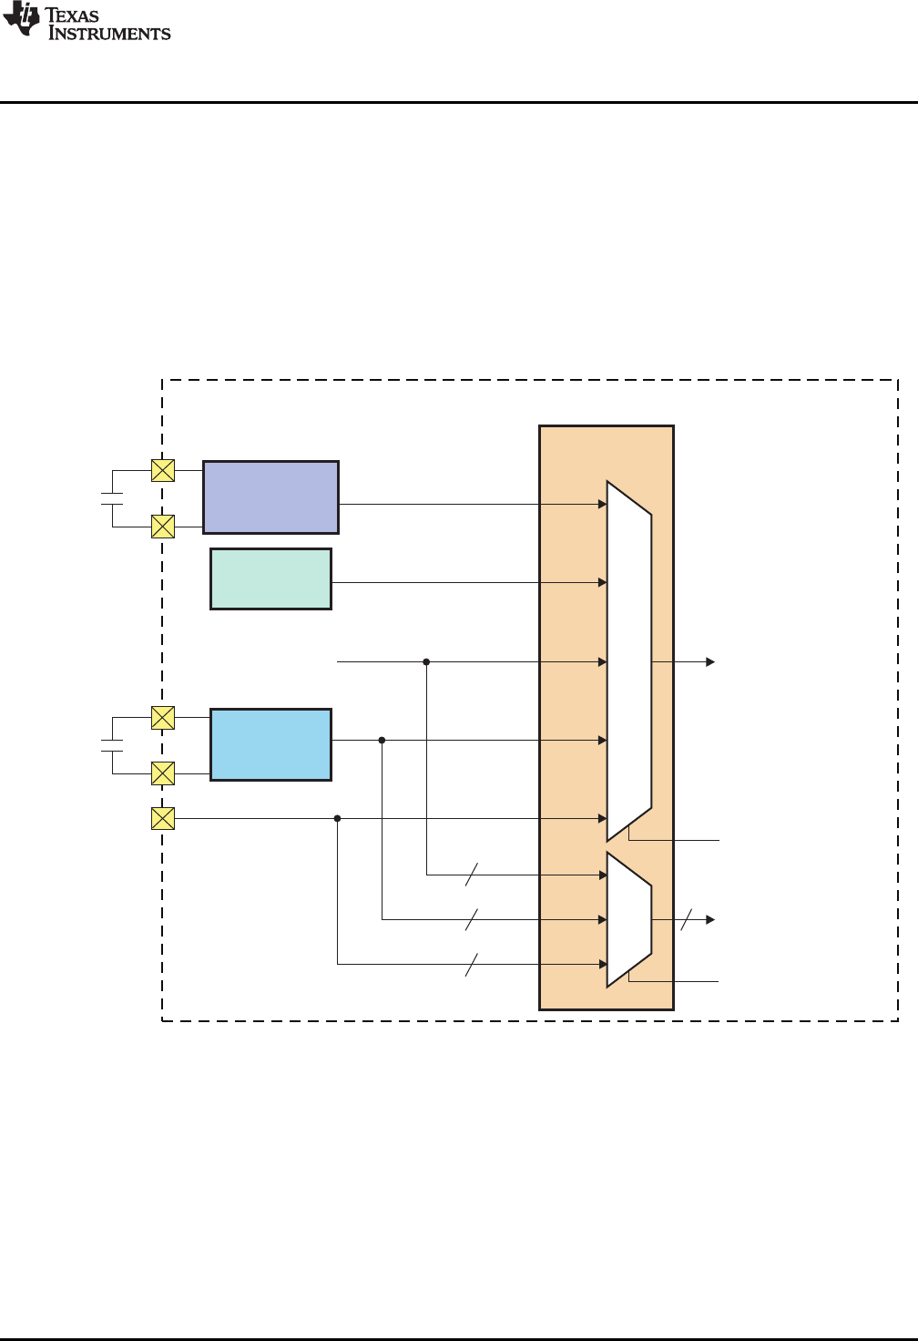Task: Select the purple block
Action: pyautogui.click(x=270, y=496)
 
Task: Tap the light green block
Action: pyautogui.click(x=270, y=578)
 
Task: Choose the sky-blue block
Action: pyautogui.click(x=270, y=744)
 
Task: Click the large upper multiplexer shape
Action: pyautogui.click(x=629, y=660)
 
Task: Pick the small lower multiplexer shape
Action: pyautogui.click(x=629, y=919)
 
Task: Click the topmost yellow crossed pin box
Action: pyautogui.click(x=162, y=470)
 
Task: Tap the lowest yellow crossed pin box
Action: pyautogui.click(x=162, y=819)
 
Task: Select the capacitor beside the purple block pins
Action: pyautogui.click(x=112, y=498)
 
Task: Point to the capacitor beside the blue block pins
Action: pyautogui.click(x=112, y=745)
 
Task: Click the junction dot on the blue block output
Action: pyautogui.click(x=382, y=741)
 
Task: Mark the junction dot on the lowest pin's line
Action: pyautogui.click(x=337, y=819)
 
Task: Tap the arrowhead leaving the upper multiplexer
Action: pyautogui.click(x=710, y=662)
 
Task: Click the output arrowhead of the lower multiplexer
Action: pyautogui.click(x=710, y=920)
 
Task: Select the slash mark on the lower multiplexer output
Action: pyautogui.click(x=686, y=920)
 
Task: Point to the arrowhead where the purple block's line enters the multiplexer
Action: pyautogui.click(x=602, y=504)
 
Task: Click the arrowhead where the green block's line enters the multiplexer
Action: pyautogui.click(x=602, y=582)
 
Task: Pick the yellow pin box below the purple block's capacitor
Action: pyautogui.click(x=162, y=527)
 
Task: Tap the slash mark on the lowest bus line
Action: pyautogui.click(x=472, y=964)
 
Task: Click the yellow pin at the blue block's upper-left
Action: pyautogui.click(x=162, y=718)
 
